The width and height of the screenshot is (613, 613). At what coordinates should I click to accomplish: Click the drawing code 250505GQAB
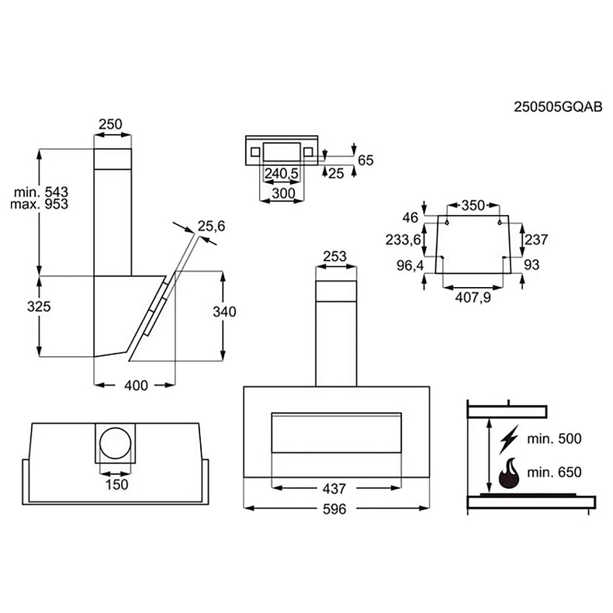(557, 108)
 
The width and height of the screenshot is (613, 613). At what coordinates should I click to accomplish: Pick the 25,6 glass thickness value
(210, 226)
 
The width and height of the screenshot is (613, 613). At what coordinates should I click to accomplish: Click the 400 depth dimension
(136, 386)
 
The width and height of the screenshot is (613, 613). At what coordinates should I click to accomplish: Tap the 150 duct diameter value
(116, 484)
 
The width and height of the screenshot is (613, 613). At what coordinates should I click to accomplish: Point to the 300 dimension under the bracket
(282, 193)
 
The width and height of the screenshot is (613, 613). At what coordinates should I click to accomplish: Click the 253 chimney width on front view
(335, 257)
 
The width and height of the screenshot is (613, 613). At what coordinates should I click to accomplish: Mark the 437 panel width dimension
(335, 489)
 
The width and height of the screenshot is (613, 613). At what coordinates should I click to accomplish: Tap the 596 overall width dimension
(335, 509)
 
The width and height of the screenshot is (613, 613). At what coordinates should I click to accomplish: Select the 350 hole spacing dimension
(473, 206)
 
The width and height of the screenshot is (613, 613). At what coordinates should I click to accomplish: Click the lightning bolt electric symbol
(507, 438)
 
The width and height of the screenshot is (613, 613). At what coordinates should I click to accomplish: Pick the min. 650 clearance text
(554, 472)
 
